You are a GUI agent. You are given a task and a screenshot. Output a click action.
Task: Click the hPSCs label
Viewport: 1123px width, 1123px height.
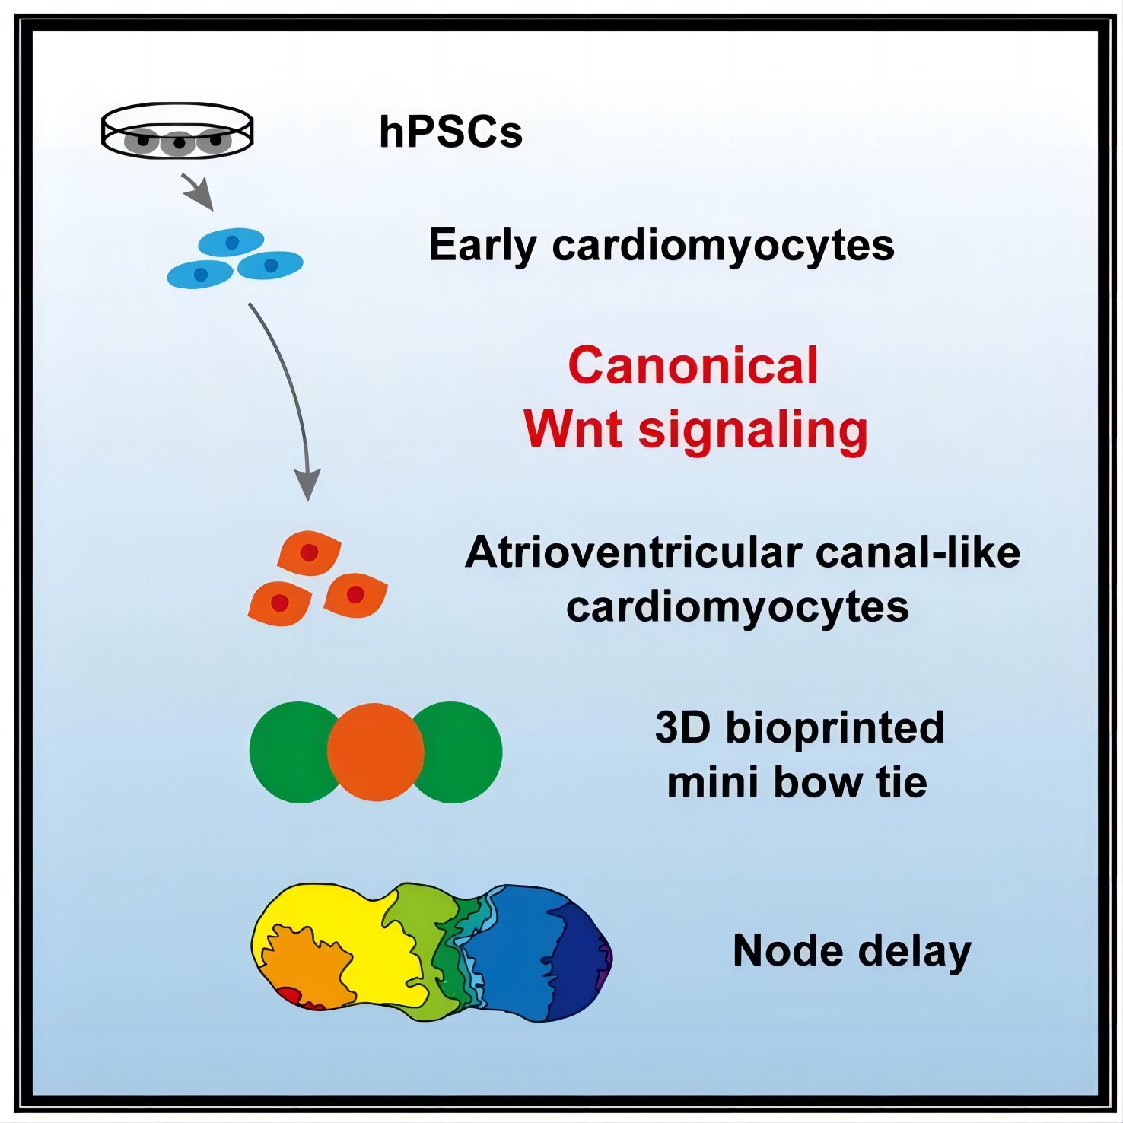point(450,132)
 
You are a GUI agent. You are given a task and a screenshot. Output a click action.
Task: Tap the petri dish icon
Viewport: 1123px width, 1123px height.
point(177,130)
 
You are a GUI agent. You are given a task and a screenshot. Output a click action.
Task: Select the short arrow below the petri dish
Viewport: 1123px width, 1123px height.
point(197,192)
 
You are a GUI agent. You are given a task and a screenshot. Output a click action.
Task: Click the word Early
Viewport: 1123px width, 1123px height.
point(483,246)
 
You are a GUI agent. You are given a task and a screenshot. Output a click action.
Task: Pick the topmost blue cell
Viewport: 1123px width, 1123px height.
point(231,242)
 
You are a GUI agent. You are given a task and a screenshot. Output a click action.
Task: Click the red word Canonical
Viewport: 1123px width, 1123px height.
point(693,366)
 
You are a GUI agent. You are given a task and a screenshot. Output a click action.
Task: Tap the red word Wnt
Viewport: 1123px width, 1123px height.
point(574,429)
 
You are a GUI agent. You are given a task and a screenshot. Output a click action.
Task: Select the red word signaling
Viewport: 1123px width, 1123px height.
point(753,431)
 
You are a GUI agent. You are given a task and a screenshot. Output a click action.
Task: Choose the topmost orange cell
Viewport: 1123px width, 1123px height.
point(309,552)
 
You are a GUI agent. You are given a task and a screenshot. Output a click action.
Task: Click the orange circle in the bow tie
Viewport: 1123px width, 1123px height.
point(375,752)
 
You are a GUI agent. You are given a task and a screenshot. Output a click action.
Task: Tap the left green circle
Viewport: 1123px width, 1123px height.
point(289,752)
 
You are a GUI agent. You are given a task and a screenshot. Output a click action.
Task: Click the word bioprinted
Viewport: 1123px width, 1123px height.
point(835,727)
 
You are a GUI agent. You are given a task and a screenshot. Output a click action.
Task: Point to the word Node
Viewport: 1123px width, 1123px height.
point(788,950)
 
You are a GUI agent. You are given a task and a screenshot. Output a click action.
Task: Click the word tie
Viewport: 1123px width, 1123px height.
point(902,782)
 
